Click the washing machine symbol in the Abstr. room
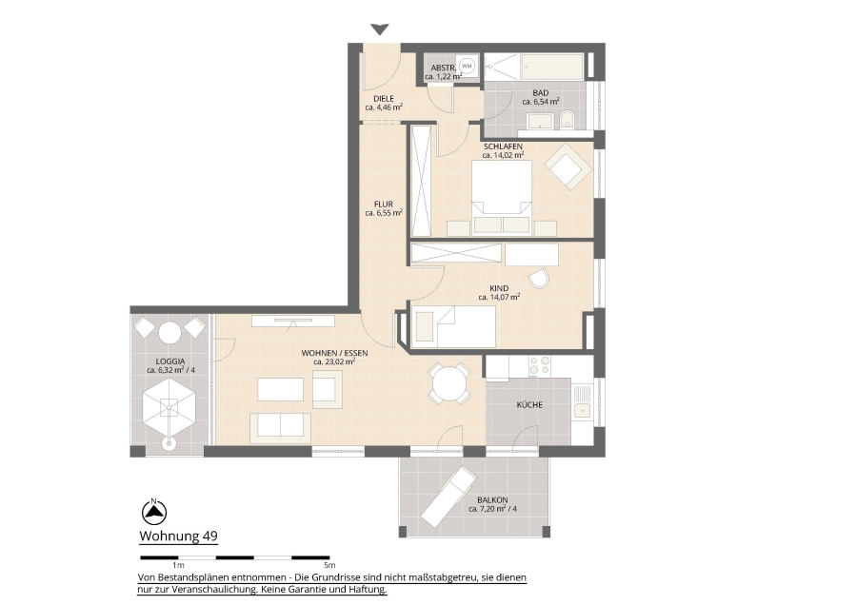point(467,66)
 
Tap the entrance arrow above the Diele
point(379,29)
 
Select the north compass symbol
point(154,512)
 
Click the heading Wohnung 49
point(179,536)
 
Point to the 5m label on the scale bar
point(329,565)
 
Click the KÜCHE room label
point(529,404)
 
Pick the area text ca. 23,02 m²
point(334,361)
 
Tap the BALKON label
point(492,499)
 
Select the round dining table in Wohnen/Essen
point(448,384)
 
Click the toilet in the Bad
point(567,120)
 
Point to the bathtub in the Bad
point(552,66)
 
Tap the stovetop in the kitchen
point(539,365)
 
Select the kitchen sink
point(582,400)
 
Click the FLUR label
point(384,205)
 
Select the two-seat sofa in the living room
point(280,427)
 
